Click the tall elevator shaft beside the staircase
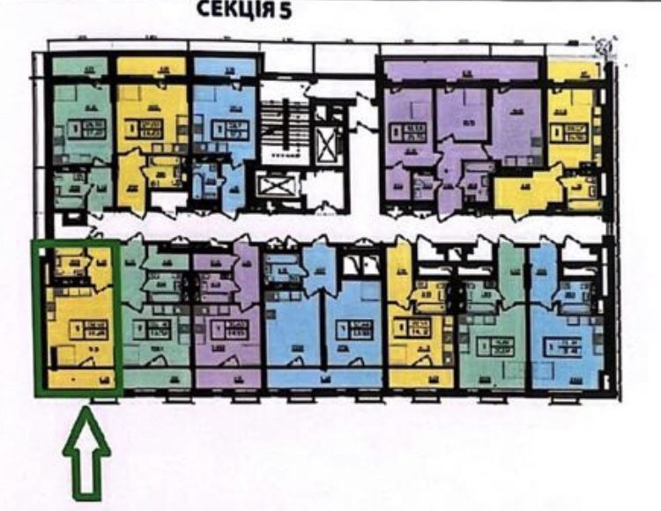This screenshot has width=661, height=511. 329,141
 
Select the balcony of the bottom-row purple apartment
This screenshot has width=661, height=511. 227,380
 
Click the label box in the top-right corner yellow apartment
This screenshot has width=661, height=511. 574,133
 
